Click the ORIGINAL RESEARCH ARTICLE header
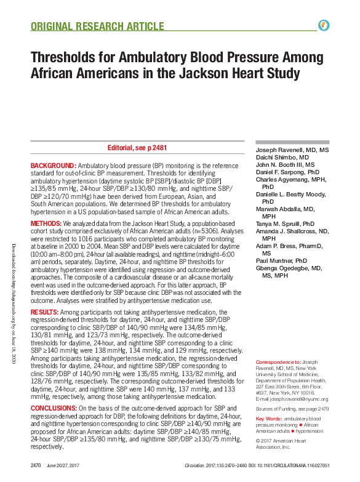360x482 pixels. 97,26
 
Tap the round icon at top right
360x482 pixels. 324,25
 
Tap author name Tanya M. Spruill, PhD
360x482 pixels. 284,224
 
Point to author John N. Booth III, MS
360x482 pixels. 285,165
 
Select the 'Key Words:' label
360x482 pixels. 268,419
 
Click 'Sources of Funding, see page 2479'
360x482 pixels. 291,408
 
